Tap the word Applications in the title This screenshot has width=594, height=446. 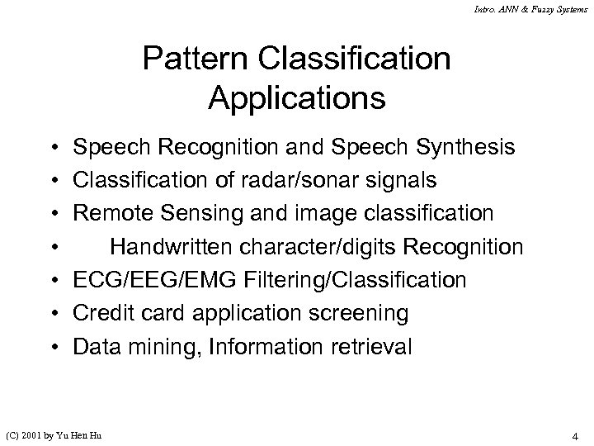(297, 98)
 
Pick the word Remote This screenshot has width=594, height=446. (110, 214)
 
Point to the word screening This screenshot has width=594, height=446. (363, 313)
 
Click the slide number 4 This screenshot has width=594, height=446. (573, 435)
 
